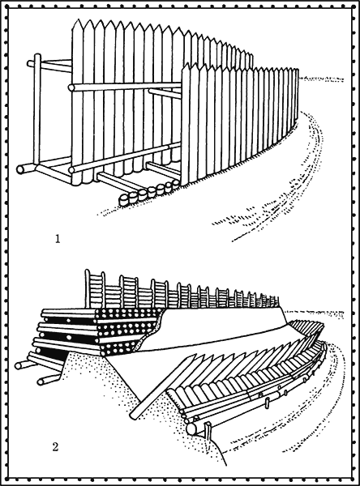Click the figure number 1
click(x=58, y=239)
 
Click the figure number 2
click(x=55, y=447)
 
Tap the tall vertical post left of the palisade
click(x=37, y=109)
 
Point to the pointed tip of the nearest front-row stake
click(x=186, y=64)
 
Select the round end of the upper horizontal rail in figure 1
click(x=71, y=87)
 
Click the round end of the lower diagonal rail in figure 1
click(x=71, y=170)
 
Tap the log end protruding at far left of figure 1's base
click(x=20, y=169)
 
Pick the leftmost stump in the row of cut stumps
click(x=123, y=200)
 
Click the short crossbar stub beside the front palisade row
click(x=165, y=93)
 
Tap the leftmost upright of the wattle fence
click(x=88, y=289)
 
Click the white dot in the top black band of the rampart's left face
click(x=66, y=321)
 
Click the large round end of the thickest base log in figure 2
click(x=191, y=429)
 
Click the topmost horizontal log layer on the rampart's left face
click(x=69, y=312)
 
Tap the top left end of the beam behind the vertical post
click(x=29, y=63)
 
